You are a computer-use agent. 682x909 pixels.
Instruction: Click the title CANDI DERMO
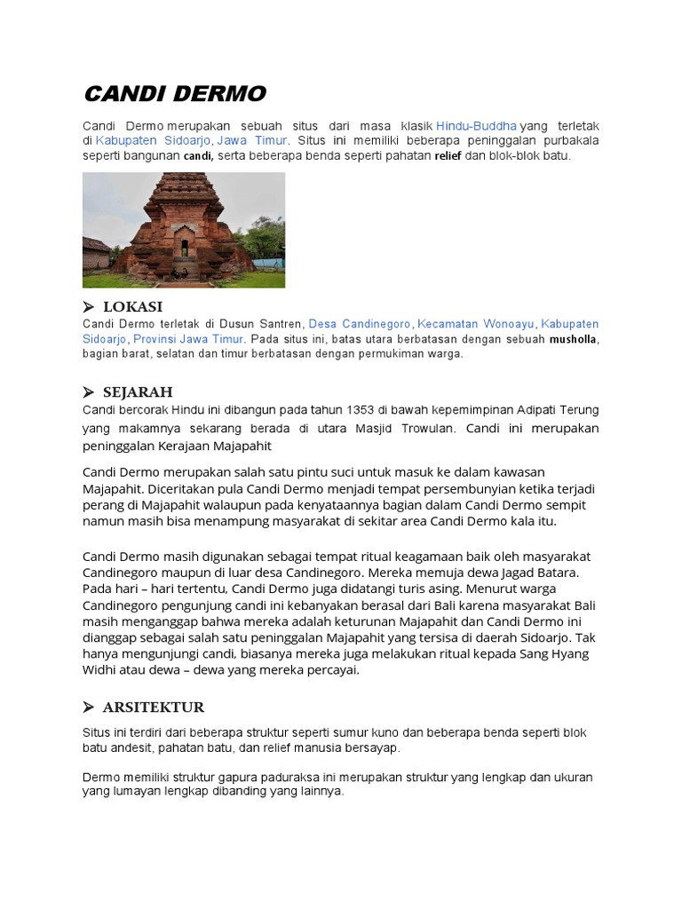click(174, 94)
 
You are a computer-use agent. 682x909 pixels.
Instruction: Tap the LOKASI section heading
click(133, 307)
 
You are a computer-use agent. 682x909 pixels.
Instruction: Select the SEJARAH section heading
click(138, 392)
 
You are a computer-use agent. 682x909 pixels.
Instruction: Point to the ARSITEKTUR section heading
click(154, 707)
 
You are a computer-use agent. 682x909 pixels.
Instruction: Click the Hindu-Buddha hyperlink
click(476, 126)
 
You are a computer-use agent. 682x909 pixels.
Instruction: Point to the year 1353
click(335, 409)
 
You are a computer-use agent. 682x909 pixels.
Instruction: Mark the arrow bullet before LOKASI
click(89, 307)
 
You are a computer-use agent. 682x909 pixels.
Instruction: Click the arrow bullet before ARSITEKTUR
click(89, 707)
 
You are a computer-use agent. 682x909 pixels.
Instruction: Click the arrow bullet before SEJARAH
click(89, 392)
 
